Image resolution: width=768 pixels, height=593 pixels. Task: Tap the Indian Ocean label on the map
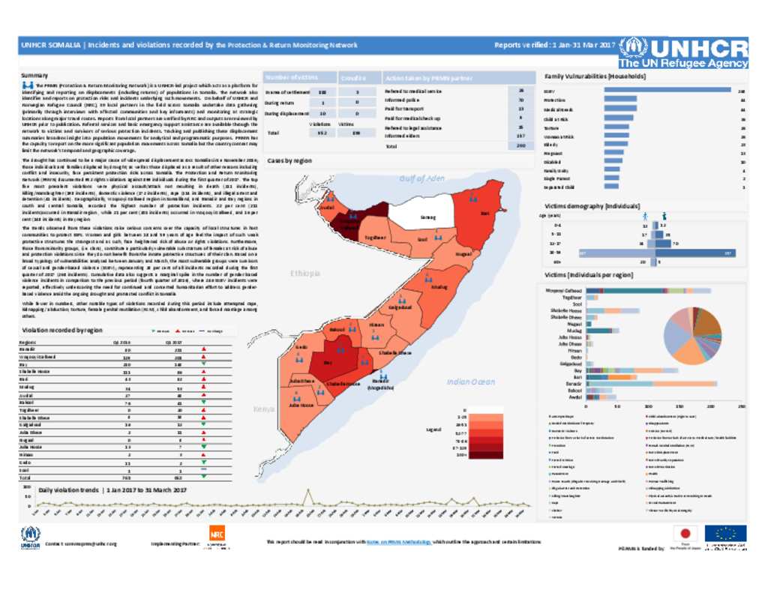[471, 382]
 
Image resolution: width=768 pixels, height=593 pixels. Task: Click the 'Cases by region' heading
[289, 161]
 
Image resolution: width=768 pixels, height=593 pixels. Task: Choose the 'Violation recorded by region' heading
[62, 330]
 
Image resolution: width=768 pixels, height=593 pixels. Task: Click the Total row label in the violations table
[25, 477]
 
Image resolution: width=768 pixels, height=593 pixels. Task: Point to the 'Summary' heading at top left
[34, 76]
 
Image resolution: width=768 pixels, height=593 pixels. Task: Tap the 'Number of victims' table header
[288, 77]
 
